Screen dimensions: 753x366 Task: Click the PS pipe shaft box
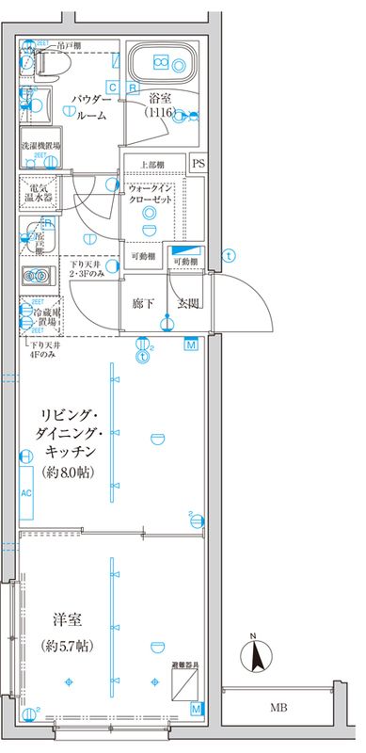click(198, 163)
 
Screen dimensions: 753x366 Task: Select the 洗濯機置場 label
click(41, 147)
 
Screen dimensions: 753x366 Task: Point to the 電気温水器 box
click(41, 192)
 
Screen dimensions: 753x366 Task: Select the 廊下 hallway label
click(143, 303)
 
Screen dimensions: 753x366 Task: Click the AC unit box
click(26, 493)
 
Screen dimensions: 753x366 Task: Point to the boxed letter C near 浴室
click(112, 88)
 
